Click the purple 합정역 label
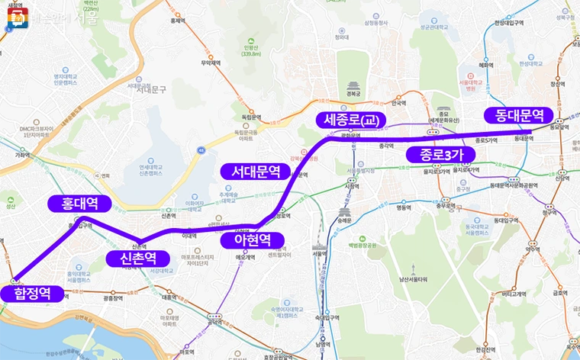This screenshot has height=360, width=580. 31,294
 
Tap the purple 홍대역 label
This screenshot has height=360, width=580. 79,204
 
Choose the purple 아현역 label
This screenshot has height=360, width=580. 252,240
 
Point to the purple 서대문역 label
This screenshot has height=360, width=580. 256,172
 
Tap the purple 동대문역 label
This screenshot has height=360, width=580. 519,115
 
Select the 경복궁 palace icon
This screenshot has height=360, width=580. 352,85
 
